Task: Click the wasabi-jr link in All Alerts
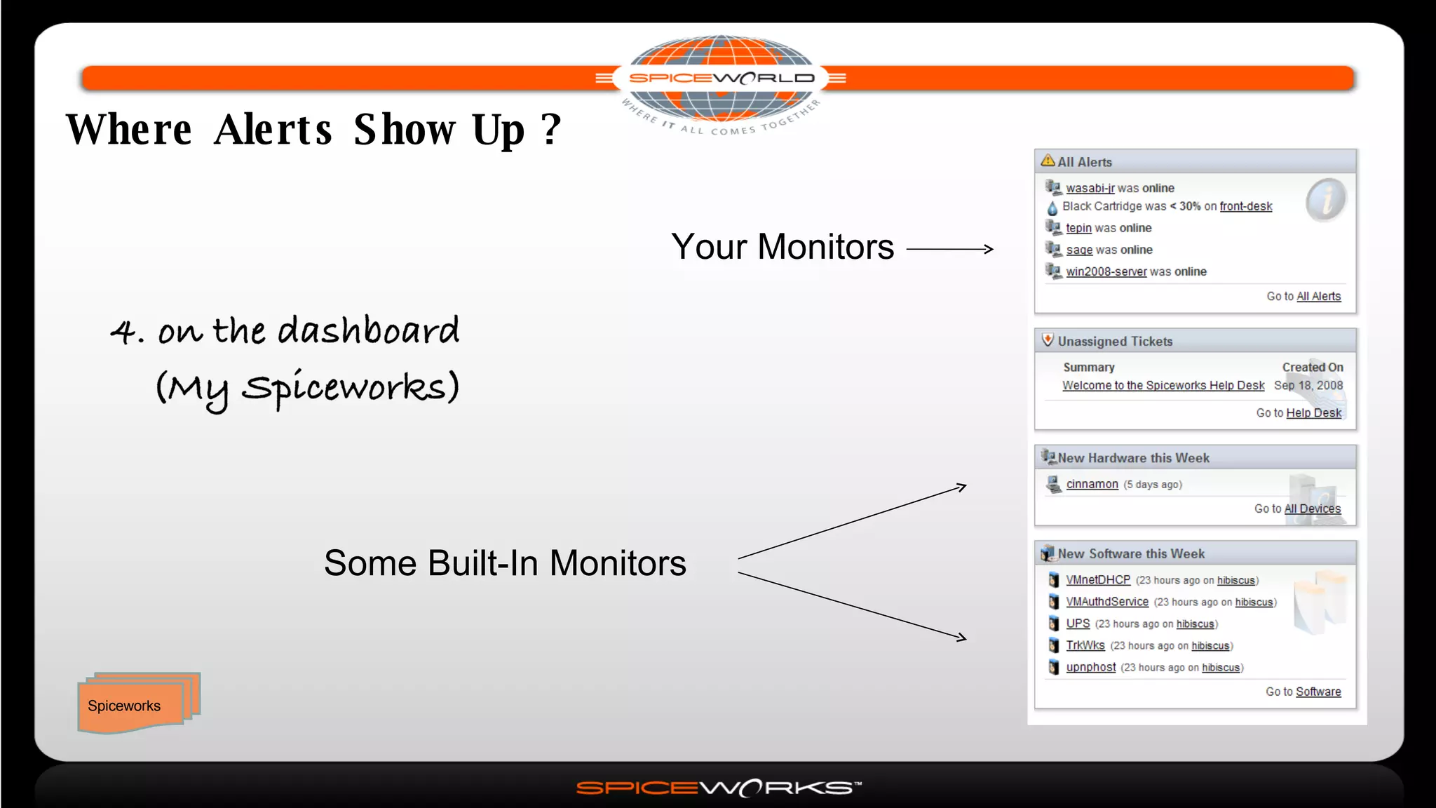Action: click(1090, 188)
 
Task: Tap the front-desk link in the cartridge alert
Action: click(1245, 206)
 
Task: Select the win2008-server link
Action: click(1106, 271)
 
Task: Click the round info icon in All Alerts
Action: click(1325, 200)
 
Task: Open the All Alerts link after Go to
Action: click(1318, 297)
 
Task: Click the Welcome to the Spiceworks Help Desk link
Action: click(1163, 386)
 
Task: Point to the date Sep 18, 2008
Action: click(1308, 386)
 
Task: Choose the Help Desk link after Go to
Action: click(1313, 413)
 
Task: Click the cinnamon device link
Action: click(1092, 485)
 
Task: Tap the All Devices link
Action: click(1312, 509)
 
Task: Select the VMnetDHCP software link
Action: click(1097, 580)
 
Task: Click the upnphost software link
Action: click(1090, 668)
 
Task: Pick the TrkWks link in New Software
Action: click(1085, 646)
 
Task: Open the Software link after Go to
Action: click(1318, 692)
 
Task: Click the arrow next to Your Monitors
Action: click(950, 249)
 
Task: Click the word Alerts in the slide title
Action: click(273, 130)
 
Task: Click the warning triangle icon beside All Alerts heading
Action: click(1048, 161)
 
